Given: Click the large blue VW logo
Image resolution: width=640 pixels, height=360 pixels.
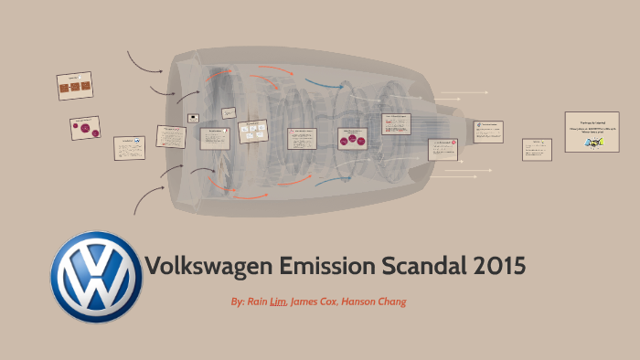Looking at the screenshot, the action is pyautogui.click(x=95, y=277).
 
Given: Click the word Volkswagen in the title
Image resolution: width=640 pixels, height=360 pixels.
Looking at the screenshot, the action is pyautogui.click(x=207, y=267).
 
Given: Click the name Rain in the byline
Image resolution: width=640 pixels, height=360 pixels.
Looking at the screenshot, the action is pyautogui.click(x=258, y=301).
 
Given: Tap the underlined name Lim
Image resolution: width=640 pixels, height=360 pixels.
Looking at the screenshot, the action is pyautogui.click(x=278, y=301).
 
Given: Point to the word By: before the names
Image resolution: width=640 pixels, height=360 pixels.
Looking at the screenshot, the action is pyautogui.click(x=240, y=301).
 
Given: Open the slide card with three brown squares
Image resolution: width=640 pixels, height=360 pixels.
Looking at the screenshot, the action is pyautogui.click(x=74, y=87).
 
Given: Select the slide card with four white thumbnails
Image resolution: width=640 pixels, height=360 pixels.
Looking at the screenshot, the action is pyautogui.click(x=252, y=132).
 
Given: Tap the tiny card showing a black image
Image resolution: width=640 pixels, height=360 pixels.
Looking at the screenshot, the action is pyautogui.click(x=193, y=118).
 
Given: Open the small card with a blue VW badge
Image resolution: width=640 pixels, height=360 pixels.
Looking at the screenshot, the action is pyautogui.click(x=129, y=147).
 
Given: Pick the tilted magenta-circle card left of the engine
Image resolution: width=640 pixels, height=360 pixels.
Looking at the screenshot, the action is pyautogui.click(x=85, y=129).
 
